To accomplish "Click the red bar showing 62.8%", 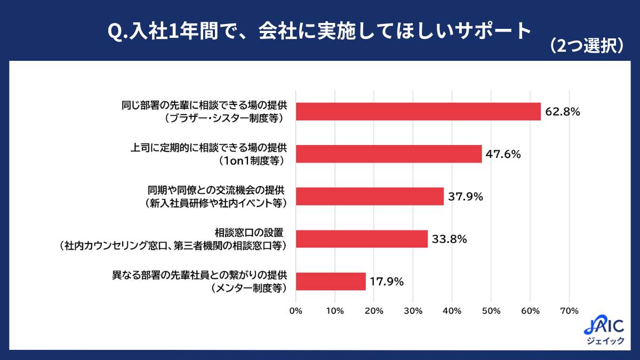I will pos(418,111).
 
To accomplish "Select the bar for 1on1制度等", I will pos(389,154).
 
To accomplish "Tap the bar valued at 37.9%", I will pos(370,196).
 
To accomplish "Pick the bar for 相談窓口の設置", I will pos(362,239).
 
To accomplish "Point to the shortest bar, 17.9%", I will pos(331,281).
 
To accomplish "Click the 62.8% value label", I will pos(563,112).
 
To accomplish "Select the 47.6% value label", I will pos(503,154).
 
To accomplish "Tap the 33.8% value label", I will pos(450,239).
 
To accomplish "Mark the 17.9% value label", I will pos(388,282).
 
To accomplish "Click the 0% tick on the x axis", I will pos(295,310).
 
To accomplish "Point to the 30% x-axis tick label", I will pos(413,310).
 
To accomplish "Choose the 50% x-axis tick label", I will pos(491,310).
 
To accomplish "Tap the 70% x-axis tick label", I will pos(569,310).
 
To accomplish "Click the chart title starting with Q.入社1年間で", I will pos(319,32).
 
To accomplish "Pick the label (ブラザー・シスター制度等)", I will pos(223,118).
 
